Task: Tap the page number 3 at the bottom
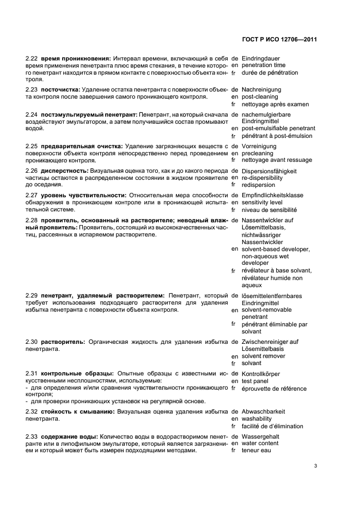pyautogui.click(x=316, y=466)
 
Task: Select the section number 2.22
pyautogui.click(x=32, y=58)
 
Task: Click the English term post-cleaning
pyautogui.click(x=260, y=96)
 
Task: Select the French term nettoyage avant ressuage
pyautogui.click(x=277, y=160)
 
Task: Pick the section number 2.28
pyautogui.click(x=32, y=220)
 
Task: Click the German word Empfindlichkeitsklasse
pyautogui.click(x=272, y=195)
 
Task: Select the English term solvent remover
pyautogui.click(x=265, y=356)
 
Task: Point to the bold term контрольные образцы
pyautogui.click(x=70, y=374)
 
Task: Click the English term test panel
pyautogui.click(x=255, y=381)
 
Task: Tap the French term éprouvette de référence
pyautogui.click(x=274, y=389)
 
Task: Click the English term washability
pyautogui.click(x=258, y=419)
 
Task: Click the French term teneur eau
pyautogui.click(x=256, y=451)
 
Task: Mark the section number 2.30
pyautogui.click(x=32, y=342)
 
